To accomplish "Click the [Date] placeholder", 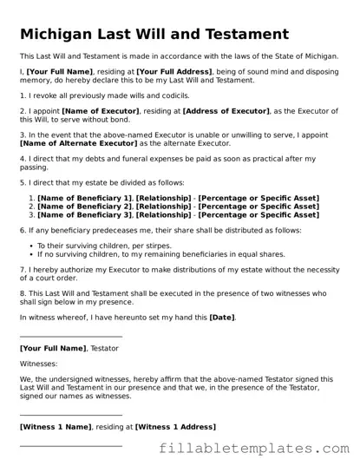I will [221, 318].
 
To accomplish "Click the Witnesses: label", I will [39, 364].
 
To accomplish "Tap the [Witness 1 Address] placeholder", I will [175, 427].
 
